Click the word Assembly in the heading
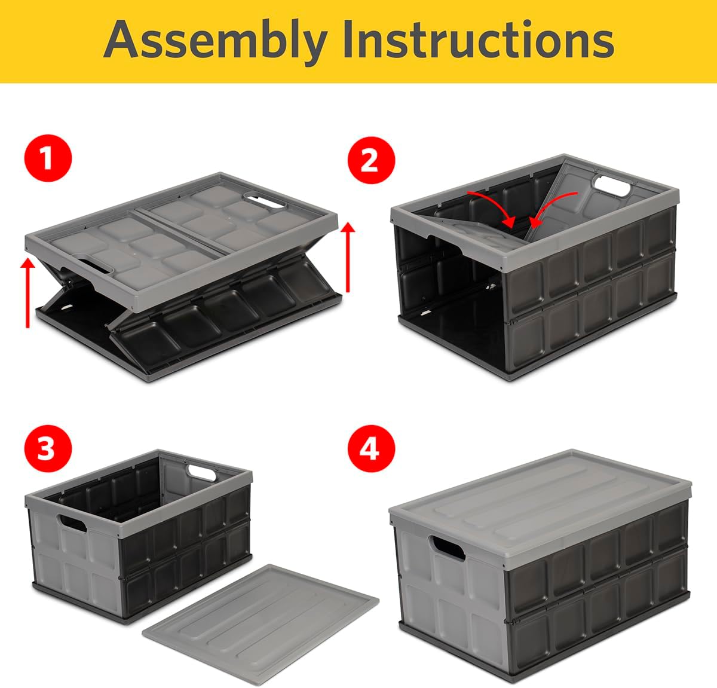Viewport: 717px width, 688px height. click(x=215, y=41)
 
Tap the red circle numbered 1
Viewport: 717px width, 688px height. click(x=48, y=160)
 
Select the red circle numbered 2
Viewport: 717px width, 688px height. click(x=370, y=160)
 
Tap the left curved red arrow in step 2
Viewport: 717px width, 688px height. click(x=494, y=207)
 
